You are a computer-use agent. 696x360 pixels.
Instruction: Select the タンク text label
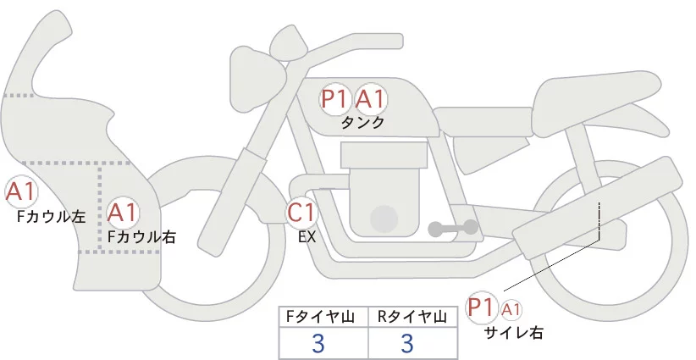[x=362, y=123]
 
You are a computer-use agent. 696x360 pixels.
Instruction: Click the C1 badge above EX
[x=301, y=213]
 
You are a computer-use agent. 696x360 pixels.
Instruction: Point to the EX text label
[x=307, y=237]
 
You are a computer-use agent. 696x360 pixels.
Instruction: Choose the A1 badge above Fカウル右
[x=124, y=212]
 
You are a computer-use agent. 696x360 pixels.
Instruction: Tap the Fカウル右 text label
[x=141, y=237]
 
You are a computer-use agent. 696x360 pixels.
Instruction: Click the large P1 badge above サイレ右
[x=482, y=306]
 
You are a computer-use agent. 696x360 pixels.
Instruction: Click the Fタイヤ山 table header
[x=323, y=317]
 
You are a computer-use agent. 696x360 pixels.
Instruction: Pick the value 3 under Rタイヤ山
[x=406, y=343]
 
